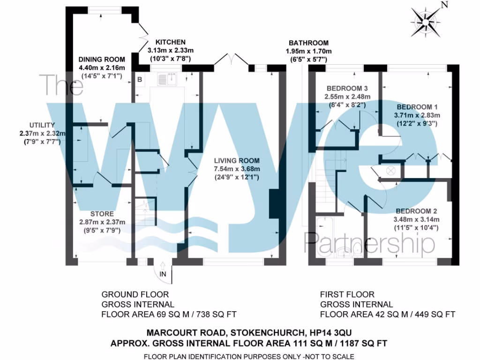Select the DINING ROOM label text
click(102, 59)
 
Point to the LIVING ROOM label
click(237, 161)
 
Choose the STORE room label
click(102, 214)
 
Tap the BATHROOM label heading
click(308, 43)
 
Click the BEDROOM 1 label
click(416, 106)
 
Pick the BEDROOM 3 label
click(347, 89)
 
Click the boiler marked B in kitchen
click(140, 79)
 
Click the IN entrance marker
click(163, 273)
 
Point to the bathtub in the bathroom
click(324, 237)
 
